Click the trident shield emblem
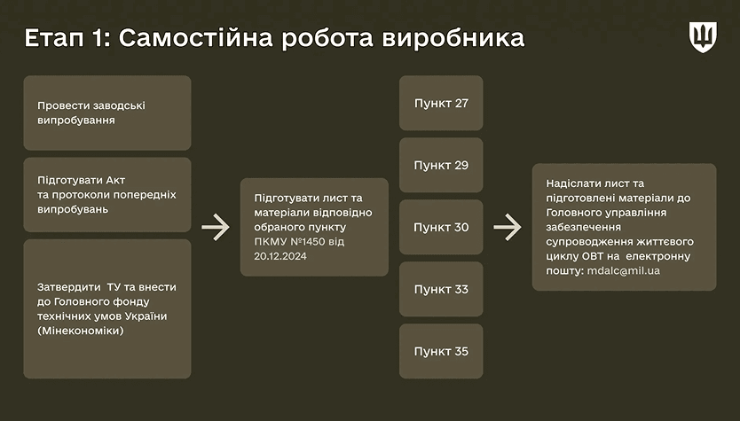pos(703,36)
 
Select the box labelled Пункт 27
pos(441,103)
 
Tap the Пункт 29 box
pos(441,165)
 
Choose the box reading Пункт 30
pos(441,227)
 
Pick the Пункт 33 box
pos(441,289)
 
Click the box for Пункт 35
pos(441,351)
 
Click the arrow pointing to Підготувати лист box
pos(216,227)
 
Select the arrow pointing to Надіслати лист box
pos(508,227)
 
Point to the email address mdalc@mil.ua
pos(624,270)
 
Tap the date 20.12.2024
pos(280,256)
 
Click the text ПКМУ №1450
pos(290,241)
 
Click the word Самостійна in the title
pos(196,38)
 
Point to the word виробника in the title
pos(453,39)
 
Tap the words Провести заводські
pos(91,105)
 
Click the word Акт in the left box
pos(115,180)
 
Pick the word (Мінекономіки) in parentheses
pos(81,331)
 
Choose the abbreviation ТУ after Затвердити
pos(114,286)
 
